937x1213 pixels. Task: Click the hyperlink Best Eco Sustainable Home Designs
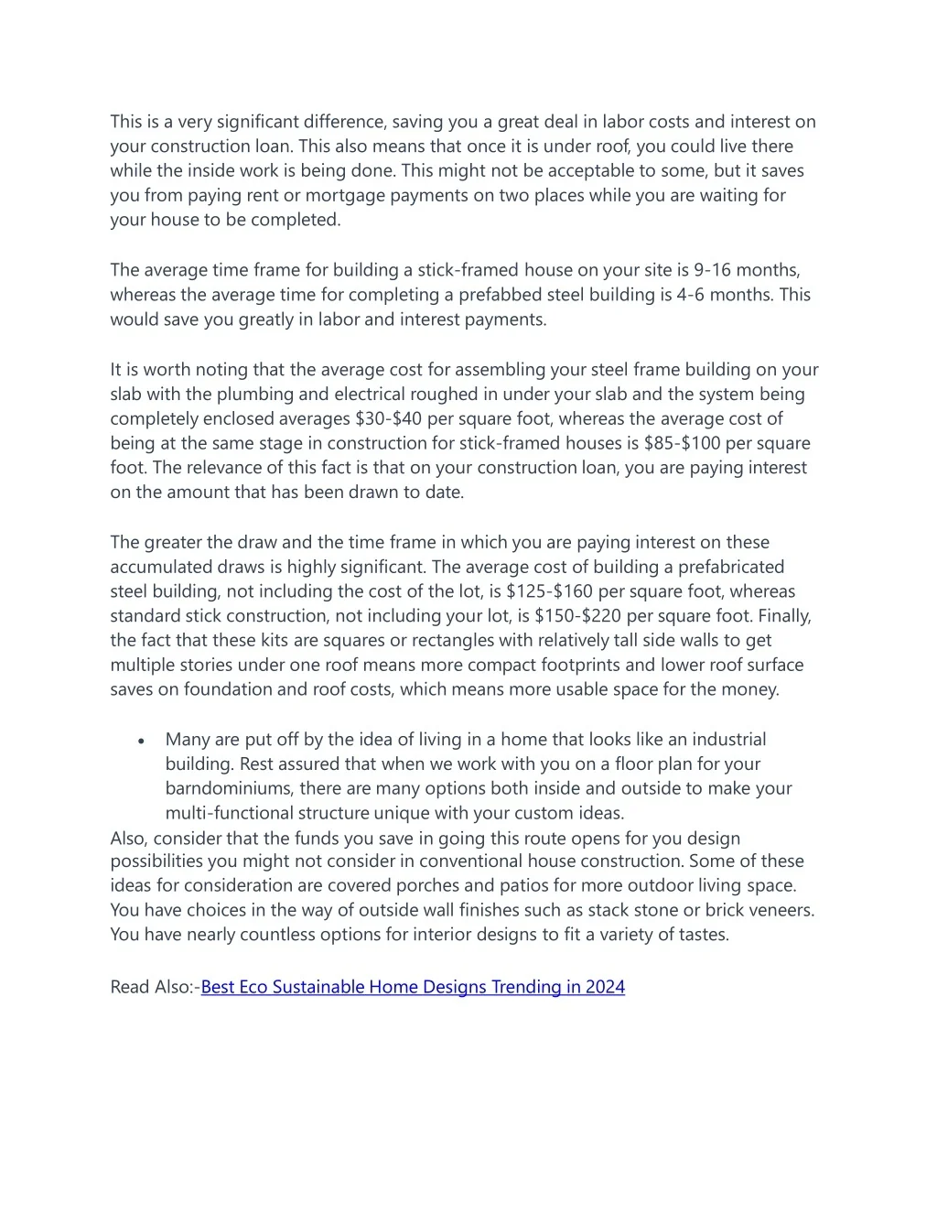[x=413, y=987]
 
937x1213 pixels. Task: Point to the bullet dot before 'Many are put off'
[x=141, y=741]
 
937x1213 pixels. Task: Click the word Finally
[x=785, y=616]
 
